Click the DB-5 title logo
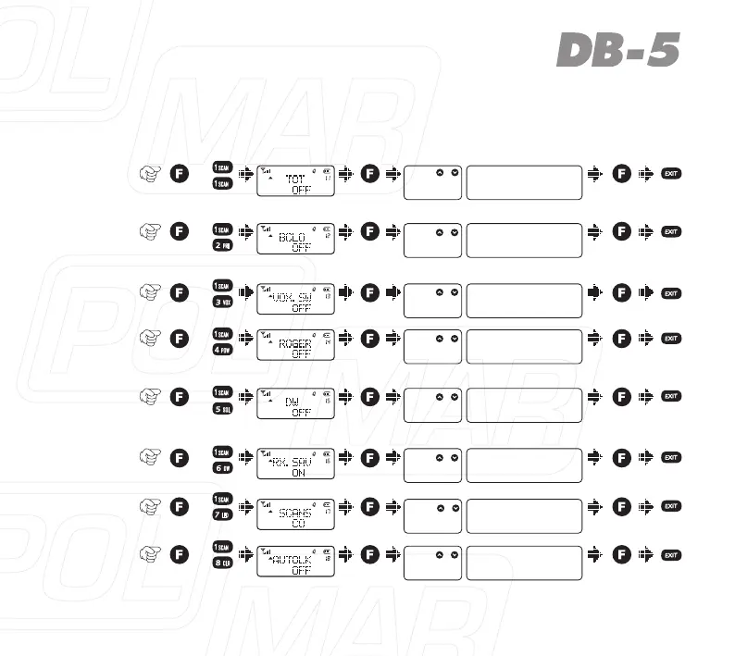pyautogui.click(x=618, y=52)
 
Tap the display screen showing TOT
pyautogui.click(x=295, y=182)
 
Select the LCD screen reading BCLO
pyautogui.click(x=295, y=241)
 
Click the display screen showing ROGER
pyautogui.click(x=295, y=346)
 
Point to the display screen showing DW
pyautogui.click(x=295, y=405)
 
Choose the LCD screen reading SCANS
pyautogui.click(x=295, y=514)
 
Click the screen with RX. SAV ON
pyautogui.click(x=295, y=465)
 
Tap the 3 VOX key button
pyautogui.click(x=223, y=302)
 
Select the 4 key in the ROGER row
pyautogui.click(x=223, y=352)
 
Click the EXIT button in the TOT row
pyautogui.click(x=672, y=173)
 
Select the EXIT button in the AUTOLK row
pyautogui.click(x=672, y=554)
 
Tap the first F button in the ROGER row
pyautogui.click(x=182, y=339)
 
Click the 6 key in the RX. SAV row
pyautogui.click(x=223, y=468)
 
